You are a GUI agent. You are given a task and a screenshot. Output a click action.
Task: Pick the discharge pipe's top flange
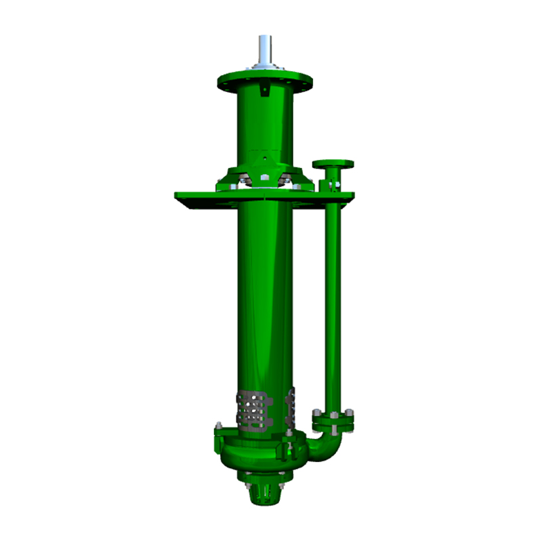click(332, 164)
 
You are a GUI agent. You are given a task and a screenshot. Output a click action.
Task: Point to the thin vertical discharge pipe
click(332, 305)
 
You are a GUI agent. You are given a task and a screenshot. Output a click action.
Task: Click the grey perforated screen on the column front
click(253, 410)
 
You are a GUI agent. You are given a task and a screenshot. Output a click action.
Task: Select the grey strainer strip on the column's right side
click(293, 406)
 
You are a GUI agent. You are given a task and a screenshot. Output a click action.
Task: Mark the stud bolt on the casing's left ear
click(219, 427)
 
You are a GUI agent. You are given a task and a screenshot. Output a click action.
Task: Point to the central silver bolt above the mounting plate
click(265, 178)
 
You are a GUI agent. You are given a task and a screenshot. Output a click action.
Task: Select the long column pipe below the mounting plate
click(264, 298)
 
